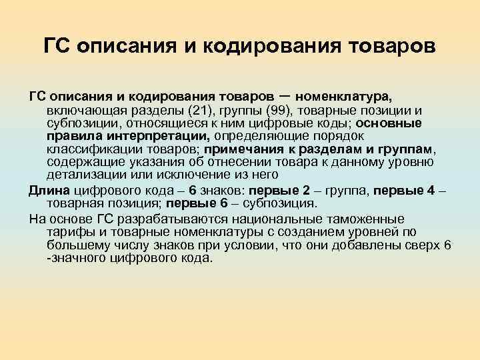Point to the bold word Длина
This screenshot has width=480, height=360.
point(46,189)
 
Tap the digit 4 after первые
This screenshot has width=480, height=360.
point(433,189)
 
